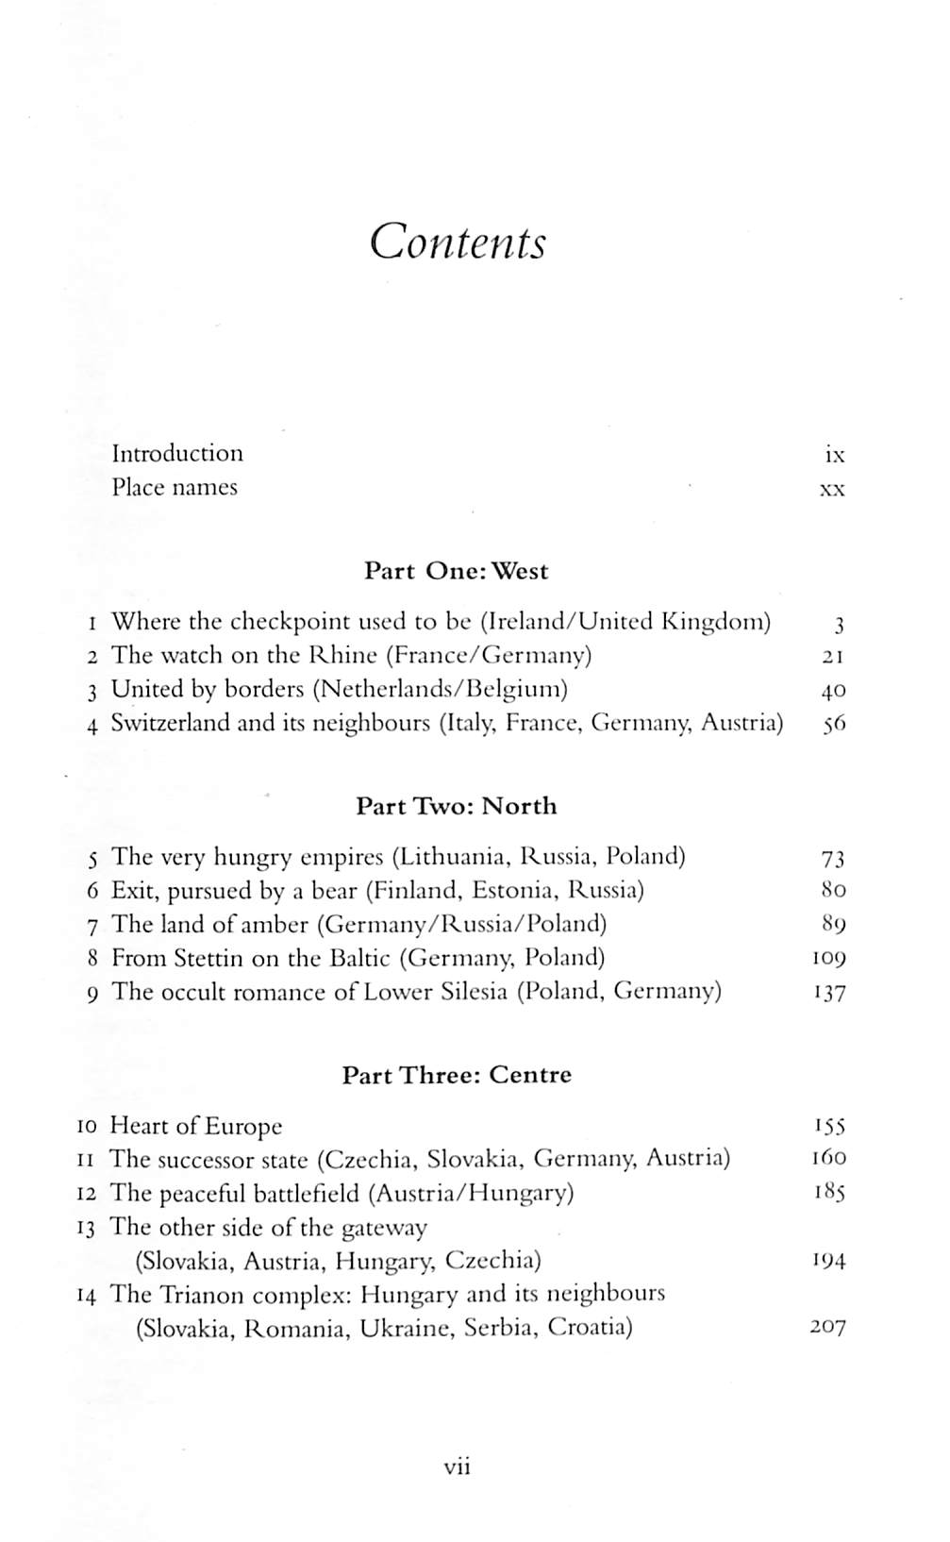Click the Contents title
(x=458, y=243)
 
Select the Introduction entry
(x=177, y=454)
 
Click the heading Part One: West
(x=456, y=571)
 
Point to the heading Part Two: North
(x=456, y=806)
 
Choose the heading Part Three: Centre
(x=457, y=1075)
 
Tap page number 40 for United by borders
(x=833, y=691)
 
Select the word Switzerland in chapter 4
(x=170, y=724)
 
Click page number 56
(x=833, y=725)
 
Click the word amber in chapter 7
(x=272, y=925)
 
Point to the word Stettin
(x=208, y=959)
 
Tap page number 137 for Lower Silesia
(x=829, y=993)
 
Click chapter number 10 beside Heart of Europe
(x=87, y=1127)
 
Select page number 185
(x=829, y=1193)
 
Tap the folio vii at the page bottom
(x=458, y=1467)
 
